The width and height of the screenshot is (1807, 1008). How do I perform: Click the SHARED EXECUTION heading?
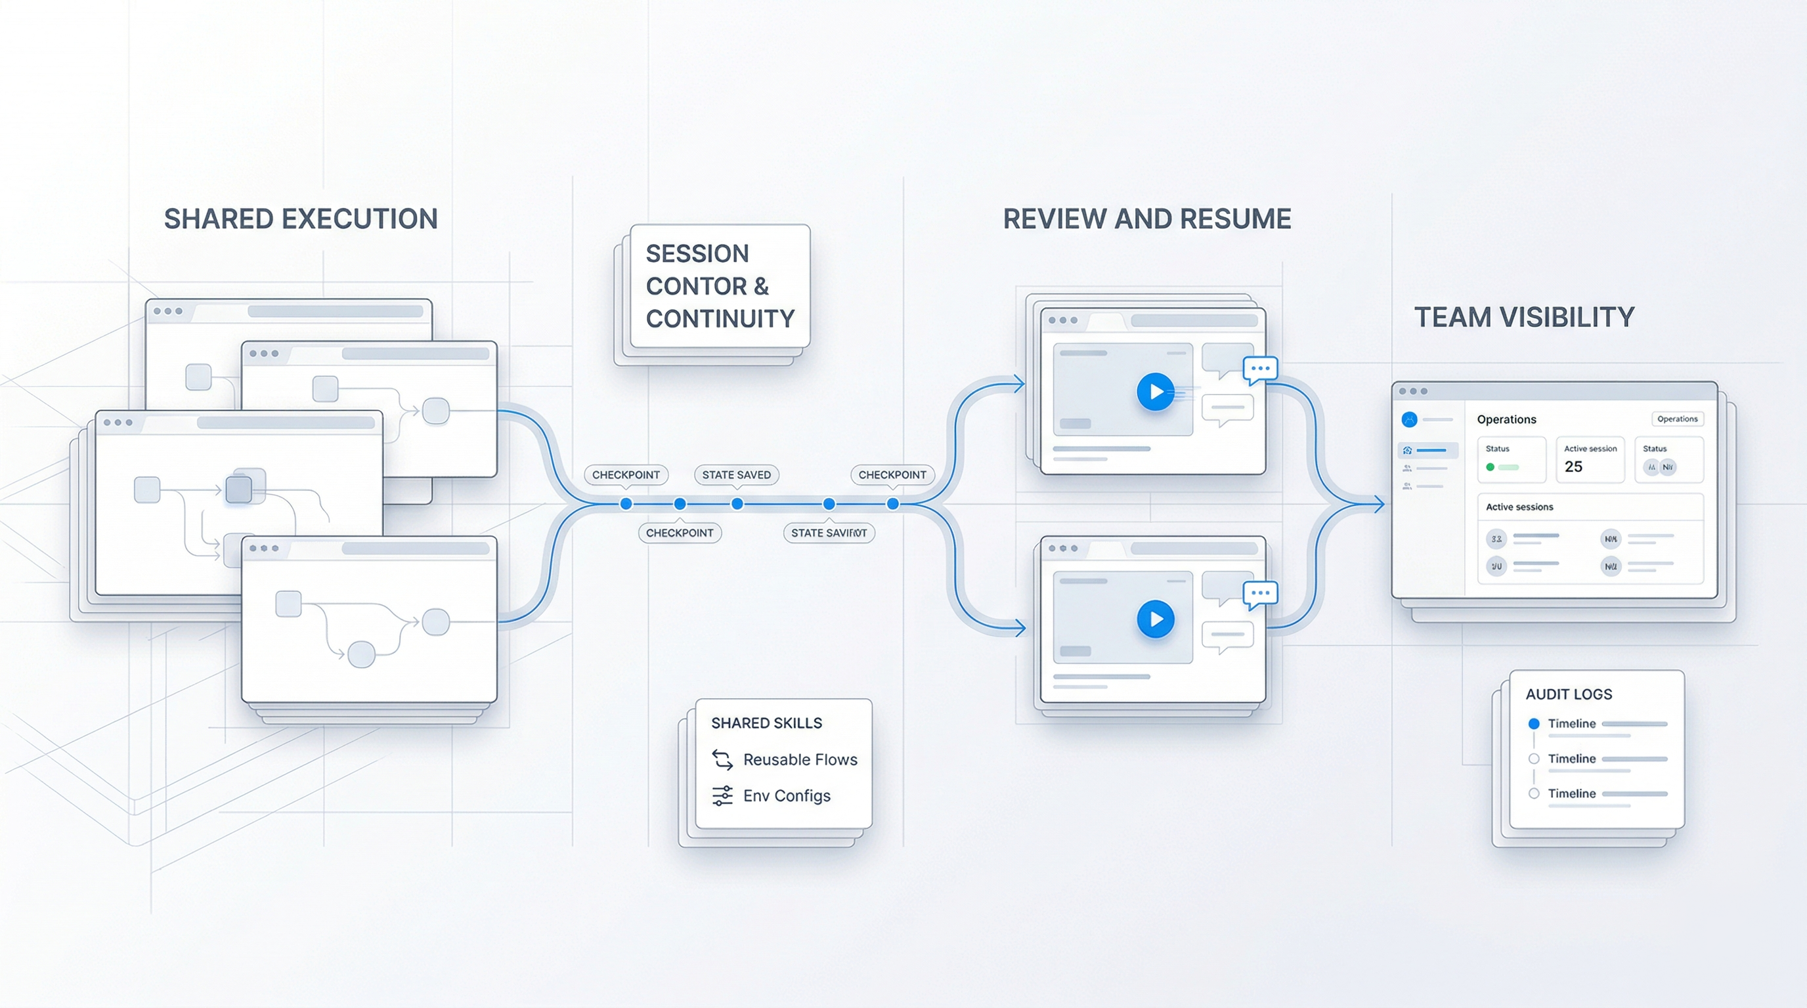click(x=301, y=219)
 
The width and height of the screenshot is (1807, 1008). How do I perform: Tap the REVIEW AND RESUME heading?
click(x=1147, y=219)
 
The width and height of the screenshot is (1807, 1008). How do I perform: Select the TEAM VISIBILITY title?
click(x=1524, y=317)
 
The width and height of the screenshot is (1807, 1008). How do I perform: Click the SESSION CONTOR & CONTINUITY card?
click(x=720, y=286)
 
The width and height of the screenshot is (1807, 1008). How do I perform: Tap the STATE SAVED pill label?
click(x=736, y=474)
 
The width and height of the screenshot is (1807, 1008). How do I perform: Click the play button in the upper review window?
click(x=1156, y=392)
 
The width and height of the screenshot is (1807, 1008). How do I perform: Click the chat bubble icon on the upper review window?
click(x=1260, y=369)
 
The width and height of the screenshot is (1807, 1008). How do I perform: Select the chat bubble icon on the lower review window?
click(x=1260, y=594)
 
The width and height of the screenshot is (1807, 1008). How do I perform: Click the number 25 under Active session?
click(x=1573, y=467)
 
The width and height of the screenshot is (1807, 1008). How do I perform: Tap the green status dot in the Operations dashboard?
click(x=1490, y=467)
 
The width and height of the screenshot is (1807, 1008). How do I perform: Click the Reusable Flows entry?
click(x=800, y=759)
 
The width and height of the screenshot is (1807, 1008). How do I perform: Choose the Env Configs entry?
click(x=787, y=795)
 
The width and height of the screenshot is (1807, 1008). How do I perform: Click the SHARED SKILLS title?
click(x=766, y=723)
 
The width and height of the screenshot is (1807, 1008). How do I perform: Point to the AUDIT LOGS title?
click(x=1569, y=694)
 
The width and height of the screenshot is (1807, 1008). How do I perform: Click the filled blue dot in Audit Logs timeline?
click(x=1533, y=723)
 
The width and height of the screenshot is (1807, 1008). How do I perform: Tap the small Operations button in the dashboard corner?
click(x=1677, y=419)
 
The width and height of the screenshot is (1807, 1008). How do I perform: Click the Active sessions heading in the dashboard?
click(x=1519, y=507)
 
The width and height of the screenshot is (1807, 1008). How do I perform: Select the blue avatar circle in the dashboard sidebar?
click(x=1409, y=419)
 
